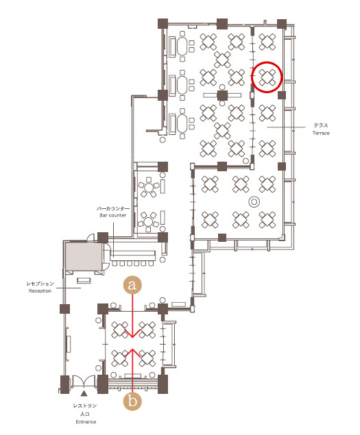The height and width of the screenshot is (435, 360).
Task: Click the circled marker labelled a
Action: [132, 285]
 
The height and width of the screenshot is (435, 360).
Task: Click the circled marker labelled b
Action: [132, 401]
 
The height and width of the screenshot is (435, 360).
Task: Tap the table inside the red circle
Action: [267, 77]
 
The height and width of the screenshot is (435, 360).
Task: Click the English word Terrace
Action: [321, 133]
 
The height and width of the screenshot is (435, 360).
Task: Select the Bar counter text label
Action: [112, 215]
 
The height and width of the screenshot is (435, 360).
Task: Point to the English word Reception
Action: [40, 290]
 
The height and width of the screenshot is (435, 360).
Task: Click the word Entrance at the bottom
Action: [86, 422]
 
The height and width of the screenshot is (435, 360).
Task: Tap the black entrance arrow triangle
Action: [84, 393]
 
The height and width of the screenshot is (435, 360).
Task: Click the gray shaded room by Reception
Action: [84, 256]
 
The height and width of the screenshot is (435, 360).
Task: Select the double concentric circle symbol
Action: [254, 201]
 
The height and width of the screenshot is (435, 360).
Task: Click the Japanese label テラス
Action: [321, 125]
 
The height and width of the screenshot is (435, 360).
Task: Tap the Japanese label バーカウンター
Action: [113, 208]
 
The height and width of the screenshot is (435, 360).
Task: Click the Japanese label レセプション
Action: [40, 284]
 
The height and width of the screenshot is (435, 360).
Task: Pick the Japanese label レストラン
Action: [85, 406]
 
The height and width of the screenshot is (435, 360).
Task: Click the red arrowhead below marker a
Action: [132, 333]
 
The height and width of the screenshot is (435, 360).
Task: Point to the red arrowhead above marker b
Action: [132, 353]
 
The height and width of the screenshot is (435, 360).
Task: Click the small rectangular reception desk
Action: [84, 280]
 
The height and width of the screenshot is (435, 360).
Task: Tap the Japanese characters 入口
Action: [85, 414]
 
